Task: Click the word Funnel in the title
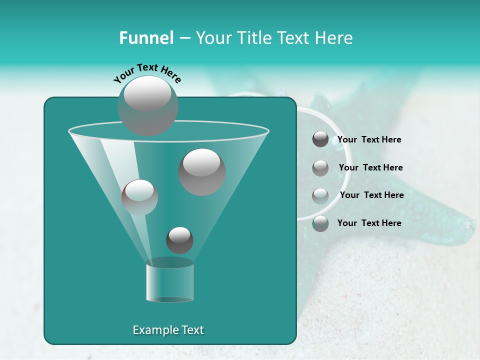pos(146,38)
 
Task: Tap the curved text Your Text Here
pos(147,72)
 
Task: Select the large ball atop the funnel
pos(148,106)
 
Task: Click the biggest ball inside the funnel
pos(202,172)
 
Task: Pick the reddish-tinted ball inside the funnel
pos(139,197)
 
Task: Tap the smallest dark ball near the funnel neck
pos(179,240)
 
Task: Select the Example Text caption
pos(168,330)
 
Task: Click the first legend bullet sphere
pos(320,139)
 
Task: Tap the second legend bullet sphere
pos(320,167)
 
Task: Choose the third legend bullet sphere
pos(320,195)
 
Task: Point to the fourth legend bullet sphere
pos(320,223)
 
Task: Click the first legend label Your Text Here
pos(369,140)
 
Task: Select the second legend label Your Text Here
pos(370,168)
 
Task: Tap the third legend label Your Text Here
pos(371,195)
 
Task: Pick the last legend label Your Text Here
pos(369,223)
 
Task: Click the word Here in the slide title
pos(334,38)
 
